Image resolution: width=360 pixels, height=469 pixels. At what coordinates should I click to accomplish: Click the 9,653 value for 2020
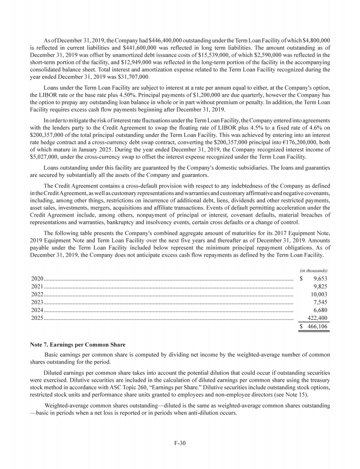pyautogui.click(x=319, y=278)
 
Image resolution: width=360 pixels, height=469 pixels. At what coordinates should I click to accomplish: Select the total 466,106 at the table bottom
pyautogui.click(x=317, y=327)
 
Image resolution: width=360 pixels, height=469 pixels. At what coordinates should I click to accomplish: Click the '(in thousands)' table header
pyautogui.click(x=313, y=270)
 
